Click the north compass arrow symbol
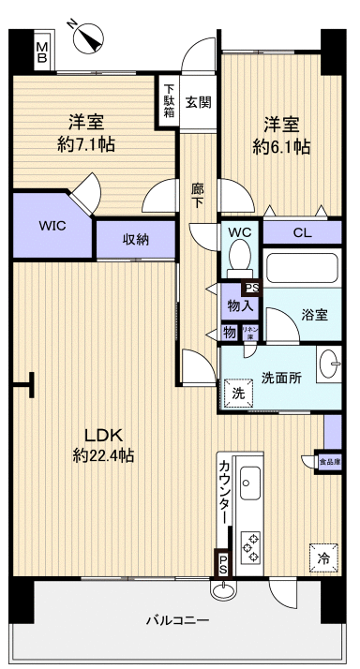(89, 36)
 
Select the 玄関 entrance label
(198, 102)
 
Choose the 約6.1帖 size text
(280, 147)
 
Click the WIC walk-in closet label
(52, 226)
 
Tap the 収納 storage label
(136, 239)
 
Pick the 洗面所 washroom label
(280, 378)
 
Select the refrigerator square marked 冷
(322, 557)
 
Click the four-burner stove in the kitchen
(252, 546)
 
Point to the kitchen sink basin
(250, 486)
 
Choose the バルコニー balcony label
(177, 620)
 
